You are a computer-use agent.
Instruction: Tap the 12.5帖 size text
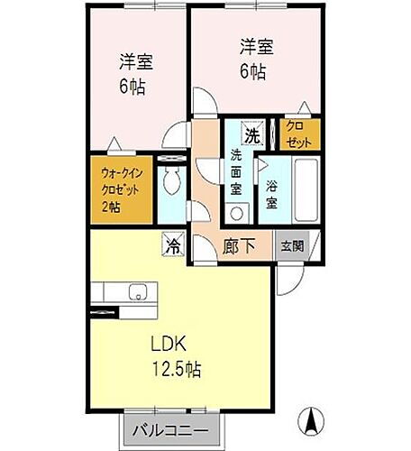click(180, 370)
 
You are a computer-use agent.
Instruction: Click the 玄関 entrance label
click(293, 245)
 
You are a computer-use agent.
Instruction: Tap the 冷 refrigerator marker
click(172, 244)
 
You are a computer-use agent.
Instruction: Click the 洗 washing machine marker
click(254, 134)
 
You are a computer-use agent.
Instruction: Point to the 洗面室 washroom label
click(236, 171)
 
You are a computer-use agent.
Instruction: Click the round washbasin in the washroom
click(236, 213)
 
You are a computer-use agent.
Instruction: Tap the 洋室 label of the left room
click(138, 63)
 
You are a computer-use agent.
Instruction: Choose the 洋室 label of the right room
click(255, 44)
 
